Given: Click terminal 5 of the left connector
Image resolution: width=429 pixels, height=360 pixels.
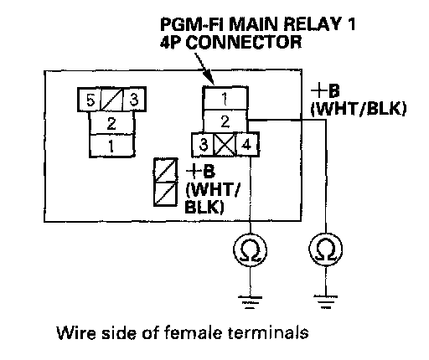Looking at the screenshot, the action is pyautogui.click(x=89, y=100).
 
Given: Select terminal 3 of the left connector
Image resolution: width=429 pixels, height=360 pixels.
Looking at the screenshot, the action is pyautogui.click(x=134, y=100).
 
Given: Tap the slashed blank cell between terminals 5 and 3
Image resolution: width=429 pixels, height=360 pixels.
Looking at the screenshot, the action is pyautogui.click(x=111, y=100).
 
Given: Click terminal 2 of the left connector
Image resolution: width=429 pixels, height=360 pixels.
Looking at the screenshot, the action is pyautogui.click(x=111, y=123).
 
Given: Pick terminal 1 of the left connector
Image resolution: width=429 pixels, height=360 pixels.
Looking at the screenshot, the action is pyautogui.click(x=111, y=146).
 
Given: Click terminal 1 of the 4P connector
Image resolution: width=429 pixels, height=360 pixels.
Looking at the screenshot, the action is pyautogui.click(x=225, y=98).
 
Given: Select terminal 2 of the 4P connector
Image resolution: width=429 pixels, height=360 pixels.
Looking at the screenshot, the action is pyautogui.click(x=225, y=121).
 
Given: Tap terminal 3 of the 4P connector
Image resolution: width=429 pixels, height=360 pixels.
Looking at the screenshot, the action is pyautogui.click(x=203, y=145).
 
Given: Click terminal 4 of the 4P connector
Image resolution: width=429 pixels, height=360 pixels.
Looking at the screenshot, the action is pyautogui.click(x=247, y=145).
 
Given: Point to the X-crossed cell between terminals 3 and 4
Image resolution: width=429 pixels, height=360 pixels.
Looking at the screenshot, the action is pyautogui.click(x=225, y=145).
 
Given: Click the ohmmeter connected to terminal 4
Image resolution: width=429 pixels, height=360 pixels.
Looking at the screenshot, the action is pyautogui.click(x=250, y=249).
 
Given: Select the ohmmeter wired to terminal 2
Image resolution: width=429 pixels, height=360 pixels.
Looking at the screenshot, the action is pyautogui.click(x=326, y=249).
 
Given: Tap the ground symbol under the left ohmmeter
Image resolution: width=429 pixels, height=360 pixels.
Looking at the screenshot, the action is pyautogui.click(x=250, y=302).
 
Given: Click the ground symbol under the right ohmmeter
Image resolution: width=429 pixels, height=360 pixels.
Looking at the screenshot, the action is pyautogui.click(x=326, y=302).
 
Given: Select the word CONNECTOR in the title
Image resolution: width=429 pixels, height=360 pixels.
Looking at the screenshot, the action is pyautogui.click(x=244, y=42).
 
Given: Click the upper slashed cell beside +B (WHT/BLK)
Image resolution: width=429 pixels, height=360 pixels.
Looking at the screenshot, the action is pyautogui.click(x=166, y=171).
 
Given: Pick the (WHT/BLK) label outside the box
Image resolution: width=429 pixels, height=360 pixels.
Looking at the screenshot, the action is pyautogui.click(x=359, y=108).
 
